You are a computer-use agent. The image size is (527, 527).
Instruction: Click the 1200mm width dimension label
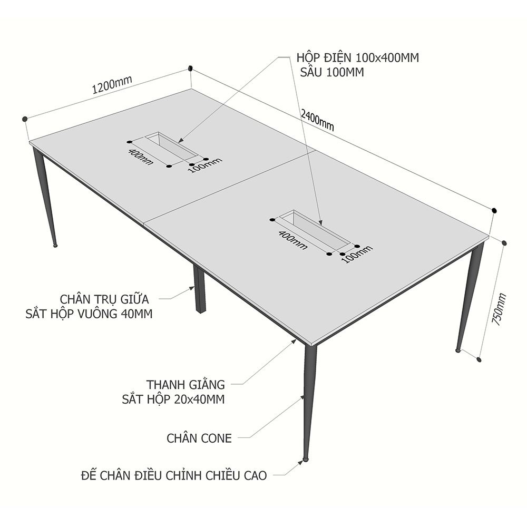112,85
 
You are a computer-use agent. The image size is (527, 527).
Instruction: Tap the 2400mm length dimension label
317,120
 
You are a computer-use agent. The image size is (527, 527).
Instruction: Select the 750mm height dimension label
499,309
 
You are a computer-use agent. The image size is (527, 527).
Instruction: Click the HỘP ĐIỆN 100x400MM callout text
358,58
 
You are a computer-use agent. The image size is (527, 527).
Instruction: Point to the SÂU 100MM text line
332,72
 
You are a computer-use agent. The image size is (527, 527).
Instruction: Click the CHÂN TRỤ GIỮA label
104,299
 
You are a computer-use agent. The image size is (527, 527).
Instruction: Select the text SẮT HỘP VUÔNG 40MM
89,314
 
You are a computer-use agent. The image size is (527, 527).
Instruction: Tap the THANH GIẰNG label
186,385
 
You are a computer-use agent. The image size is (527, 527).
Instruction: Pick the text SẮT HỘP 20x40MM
173,399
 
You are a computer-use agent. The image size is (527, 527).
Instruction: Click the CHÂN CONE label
199,438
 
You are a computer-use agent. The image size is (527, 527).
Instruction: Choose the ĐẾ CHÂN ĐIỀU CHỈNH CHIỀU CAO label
174,475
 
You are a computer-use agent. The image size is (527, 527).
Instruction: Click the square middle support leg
200,289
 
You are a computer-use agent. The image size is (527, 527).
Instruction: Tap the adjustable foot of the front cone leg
305,458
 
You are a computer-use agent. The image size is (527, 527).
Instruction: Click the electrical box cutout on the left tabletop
171,146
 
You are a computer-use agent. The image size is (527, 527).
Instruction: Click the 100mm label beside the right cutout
358,254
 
